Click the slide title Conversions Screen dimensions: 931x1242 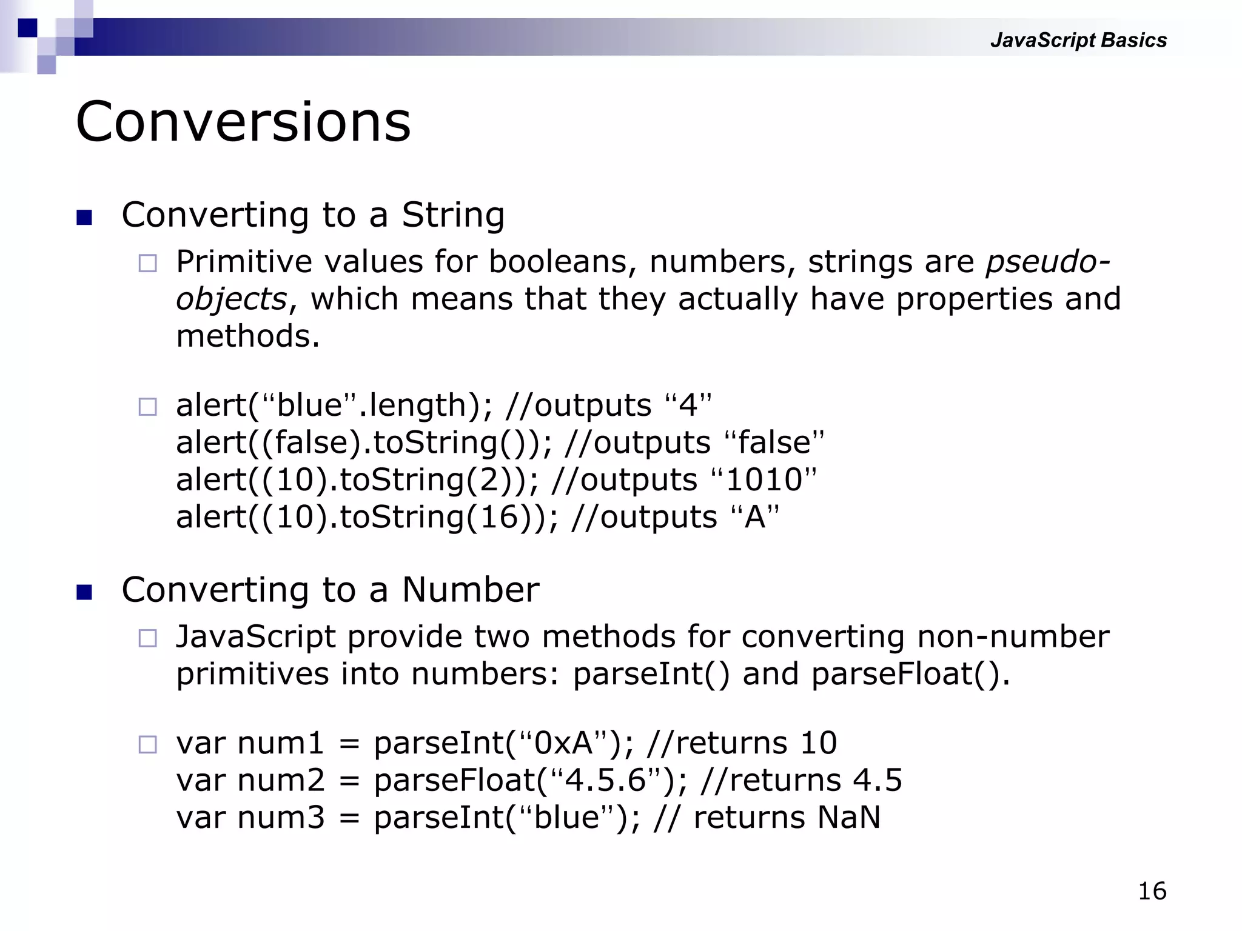243,122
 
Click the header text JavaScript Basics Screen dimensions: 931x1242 1078,40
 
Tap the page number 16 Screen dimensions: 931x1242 1152,891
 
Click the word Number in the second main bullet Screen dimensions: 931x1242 470,590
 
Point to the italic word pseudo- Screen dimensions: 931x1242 1047,262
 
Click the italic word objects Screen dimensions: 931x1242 231,299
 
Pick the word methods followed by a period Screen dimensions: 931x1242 247,336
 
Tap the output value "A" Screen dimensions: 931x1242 755,517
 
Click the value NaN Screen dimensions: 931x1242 848,817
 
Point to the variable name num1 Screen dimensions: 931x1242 281,743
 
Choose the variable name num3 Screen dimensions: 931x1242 281,817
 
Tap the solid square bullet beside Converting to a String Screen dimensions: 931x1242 84,218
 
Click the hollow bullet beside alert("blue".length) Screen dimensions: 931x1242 147,407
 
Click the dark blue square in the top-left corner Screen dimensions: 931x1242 27,28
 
